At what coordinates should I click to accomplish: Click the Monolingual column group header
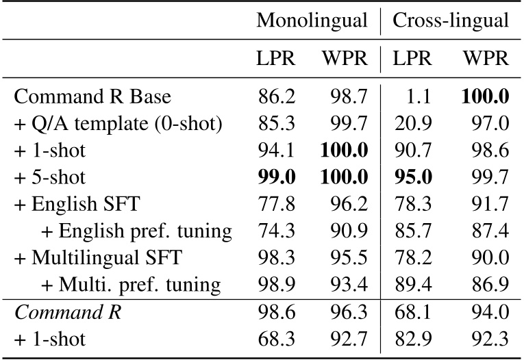(x=312, y=21)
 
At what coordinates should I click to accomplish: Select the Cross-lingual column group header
(x=450, y=21)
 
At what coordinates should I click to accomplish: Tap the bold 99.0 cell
(x=277, y=177)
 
